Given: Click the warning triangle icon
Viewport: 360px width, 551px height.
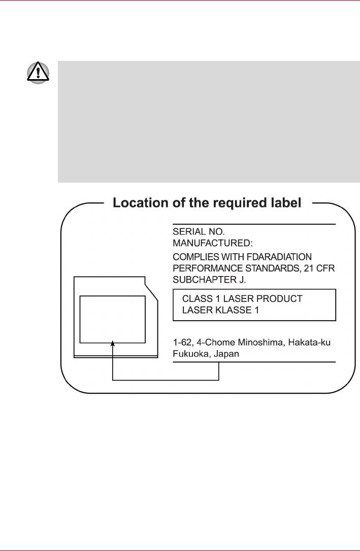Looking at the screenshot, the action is tap(38, 74).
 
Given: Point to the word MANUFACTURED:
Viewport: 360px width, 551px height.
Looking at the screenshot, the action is tap(209, 244).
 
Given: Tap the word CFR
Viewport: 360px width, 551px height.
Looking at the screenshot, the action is tap(325, 268).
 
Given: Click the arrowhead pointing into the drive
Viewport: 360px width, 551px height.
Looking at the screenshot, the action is tap(113, 344).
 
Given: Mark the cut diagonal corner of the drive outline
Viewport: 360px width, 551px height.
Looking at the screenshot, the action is tap(151, 291).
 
